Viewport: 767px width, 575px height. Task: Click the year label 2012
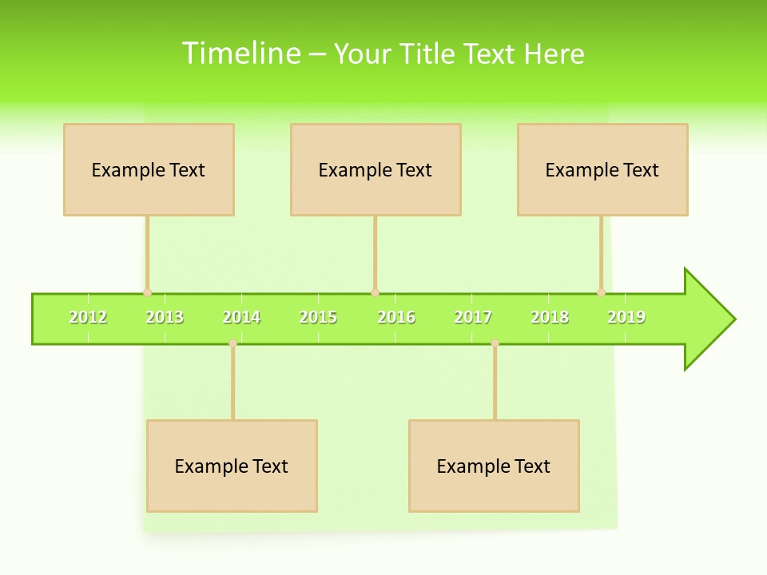click(88, 317)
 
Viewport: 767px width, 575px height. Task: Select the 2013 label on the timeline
click(165, 317)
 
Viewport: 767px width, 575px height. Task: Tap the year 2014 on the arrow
click(241, 317)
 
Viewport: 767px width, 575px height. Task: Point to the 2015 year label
click(318, 317)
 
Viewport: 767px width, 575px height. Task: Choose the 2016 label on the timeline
click(396, 317)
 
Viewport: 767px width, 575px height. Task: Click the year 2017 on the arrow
click(473, 317)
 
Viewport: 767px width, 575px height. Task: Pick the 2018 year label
click(550, 317)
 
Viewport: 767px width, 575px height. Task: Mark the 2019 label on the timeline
click(626, 317)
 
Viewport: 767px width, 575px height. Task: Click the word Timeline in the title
click(240, 54)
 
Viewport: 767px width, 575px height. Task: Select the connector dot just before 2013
click(147, 293)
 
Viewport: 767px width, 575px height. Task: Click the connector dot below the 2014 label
click(232, 343)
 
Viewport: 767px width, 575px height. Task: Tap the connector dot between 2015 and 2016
click(375, 293)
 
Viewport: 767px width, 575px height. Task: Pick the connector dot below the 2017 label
click(495, 343)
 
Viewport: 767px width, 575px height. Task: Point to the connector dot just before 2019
click(601, 293)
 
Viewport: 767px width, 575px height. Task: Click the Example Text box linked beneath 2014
click(232, 466)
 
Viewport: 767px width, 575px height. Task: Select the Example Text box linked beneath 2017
click(494, 466)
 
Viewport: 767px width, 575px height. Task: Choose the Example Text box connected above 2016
click(376, 169)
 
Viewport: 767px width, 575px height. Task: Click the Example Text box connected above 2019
click(602, 169)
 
